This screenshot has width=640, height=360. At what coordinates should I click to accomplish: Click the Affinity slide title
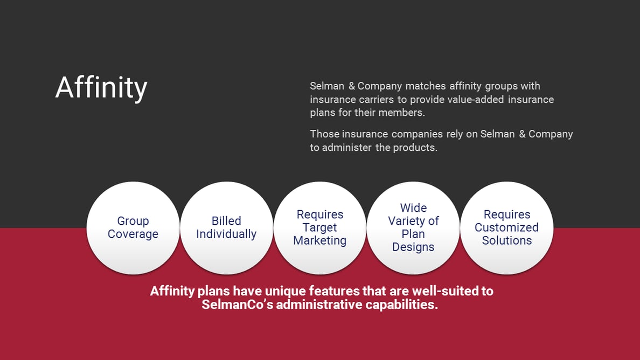click(x=101, y=87)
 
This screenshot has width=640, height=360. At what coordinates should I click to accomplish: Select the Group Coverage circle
click(x=133, y=228)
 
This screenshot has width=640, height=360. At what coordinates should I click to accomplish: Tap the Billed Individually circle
click(x=226, y=228)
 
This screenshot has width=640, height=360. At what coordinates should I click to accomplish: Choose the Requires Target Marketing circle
click(x=320, y=228)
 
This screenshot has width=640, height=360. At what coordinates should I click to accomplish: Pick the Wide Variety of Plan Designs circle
click(x=413, y=228)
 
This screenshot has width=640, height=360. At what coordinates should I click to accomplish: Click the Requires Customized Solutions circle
click(x=507, y=228)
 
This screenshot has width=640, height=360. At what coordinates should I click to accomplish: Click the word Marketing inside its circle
click(x=320, y=241)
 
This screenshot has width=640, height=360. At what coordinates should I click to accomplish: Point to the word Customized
click(x=507, y=227)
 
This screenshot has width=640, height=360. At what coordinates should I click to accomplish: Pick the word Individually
click(x=226, y=234)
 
